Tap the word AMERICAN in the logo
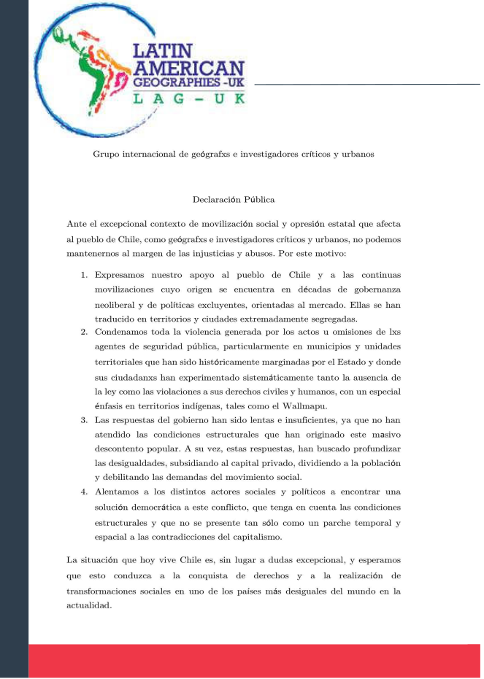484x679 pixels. tap(188, 69)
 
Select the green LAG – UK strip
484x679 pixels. tap(188, 98)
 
